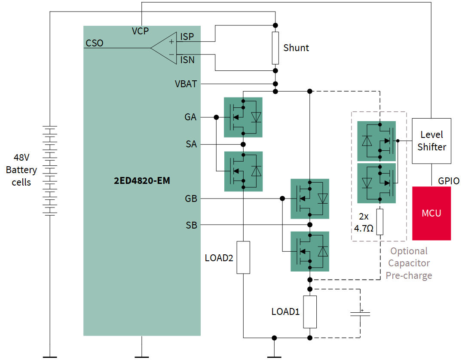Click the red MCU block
pos(431,213)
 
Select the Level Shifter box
pos(431,141)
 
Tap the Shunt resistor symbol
pos(275,47)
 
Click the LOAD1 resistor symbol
pos(309,311)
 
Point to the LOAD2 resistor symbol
pos(243,257)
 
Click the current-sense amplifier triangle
pos(165,48)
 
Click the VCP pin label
pos(140,31)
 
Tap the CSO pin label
pos(95,43)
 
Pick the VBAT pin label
pos(186,84)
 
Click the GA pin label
pos(190,117)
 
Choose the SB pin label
pos(191,225)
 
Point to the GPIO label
pos(449,181)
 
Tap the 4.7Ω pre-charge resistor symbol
pos(380,222)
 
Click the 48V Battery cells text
pos(21,170)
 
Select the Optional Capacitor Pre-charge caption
pos(409,263)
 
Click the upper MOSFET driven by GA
pos(243,117)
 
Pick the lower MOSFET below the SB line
pos(310,251)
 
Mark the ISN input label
pos(187,60)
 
